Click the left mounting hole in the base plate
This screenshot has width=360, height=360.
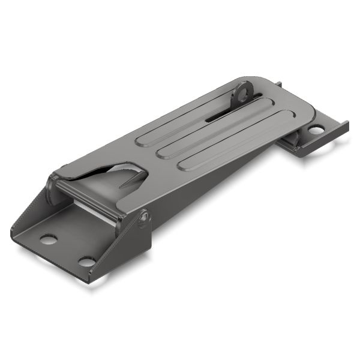49,239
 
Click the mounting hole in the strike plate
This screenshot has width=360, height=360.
316,130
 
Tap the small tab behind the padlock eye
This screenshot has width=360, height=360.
279,85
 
